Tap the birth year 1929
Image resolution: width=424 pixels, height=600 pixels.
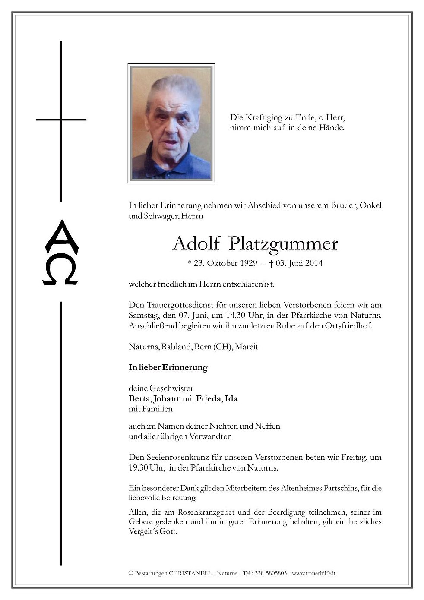click(x=248, y=263)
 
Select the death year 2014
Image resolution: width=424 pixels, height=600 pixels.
click(x=313, y=263)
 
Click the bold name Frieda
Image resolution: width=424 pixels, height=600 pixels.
click(x=209, y=398)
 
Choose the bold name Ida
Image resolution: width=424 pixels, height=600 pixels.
click(x=231, y=398)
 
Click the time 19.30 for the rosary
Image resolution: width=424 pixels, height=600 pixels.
click(x=139, y=467)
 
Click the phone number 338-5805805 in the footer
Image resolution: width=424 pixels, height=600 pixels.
click(x=271, y=573)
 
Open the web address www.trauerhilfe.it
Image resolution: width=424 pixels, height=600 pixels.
click(x=314, y=573)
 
